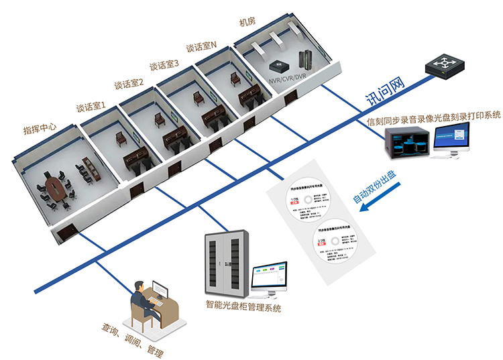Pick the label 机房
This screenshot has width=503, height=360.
247,21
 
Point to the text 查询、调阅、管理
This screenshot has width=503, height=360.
132,340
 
